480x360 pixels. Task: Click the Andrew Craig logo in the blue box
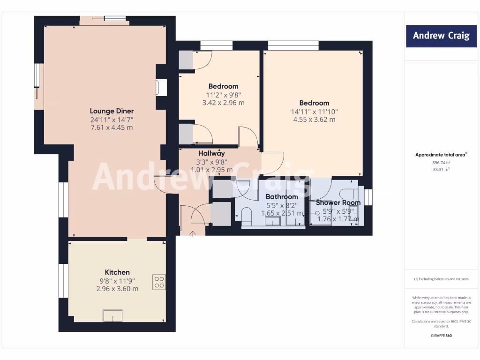coord(441,36)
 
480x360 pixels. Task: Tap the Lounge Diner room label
coord(112,111)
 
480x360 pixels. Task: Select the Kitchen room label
coord(117,272)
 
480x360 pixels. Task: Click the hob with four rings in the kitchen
coord(159,282)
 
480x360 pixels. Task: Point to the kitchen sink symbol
coord(113,316)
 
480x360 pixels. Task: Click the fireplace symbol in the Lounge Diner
coord(162,88)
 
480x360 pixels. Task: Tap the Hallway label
coord(211,153)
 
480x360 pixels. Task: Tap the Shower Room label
coord(338,202)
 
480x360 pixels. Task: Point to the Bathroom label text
coord(282,197)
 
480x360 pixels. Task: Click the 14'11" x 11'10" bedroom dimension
coord(314,112)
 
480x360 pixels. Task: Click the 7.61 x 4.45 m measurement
coord(112,127)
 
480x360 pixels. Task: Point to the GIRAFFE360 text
coord(440,336)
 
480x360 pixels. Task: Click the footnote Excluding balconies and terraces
coord(441,279)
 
